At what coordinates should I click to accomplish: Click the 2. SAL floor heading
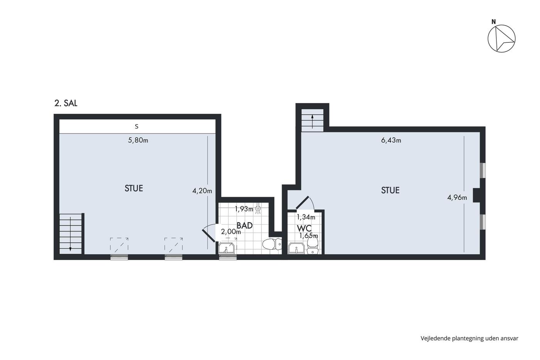click(66, 103)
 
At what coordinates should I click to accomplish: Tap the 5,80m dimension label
click(138, 140)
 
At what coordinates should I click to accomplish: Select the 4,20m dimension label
click(202, 191)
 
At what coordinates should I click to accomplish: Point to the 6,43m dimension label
click(391, 140)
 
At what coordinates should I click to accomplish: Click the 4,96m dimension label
click(457, 198)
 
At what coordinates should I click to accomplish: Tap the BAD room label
click(245, 225)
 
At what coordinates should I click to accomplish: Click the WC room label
click(304, 228)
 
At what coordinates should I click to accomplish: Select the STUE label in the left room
click(134, 188)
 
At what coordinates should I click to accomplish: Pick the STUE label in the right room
click(390, 190)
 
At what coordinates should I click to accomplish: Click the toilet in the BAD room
click(272, 244)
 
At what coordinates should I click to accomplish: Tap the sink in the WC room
click(297, 248)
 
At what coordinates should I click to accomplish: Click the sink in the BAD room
click(226, 248)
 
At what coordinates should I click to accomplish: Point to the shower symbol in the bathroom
click(258, 209)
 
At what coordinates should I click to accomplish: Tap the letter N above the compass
click(494, 22)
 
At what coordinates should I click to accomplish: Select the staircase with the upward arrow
click(312, 120)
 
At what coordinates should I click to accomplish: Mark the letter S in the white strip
click(137, 127)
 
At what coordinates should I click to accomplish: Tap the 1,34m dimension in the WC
click(306, 217)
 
